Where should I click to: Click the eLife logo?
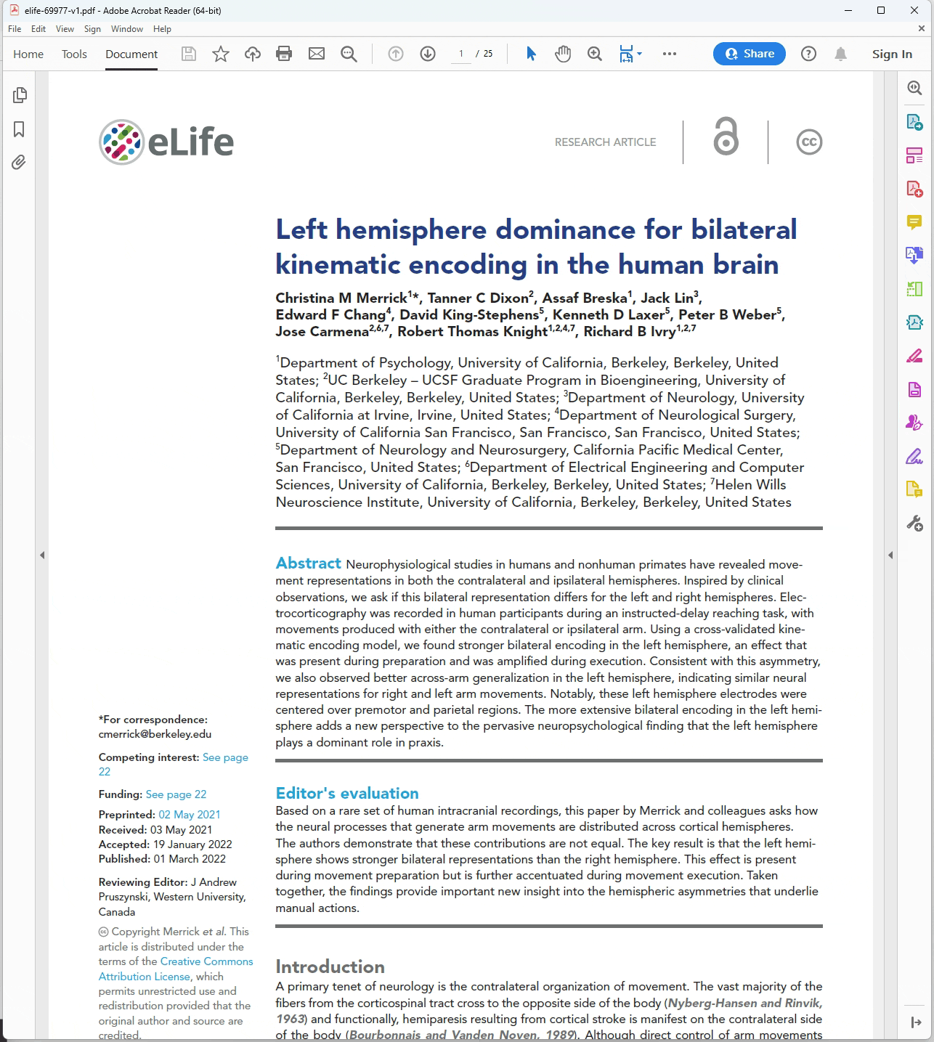[166, 142]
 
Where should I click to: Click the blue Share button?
[749, 54]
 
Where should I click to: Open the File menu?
[15, 29]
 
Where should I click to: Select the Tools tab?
[74, 54]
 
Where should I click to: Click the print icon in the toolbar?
[284, 54]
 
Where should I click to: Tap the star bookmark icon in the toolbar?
[221, 54]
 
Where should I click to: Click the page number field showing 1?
[461, 54]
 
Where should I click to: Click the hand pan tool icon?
[563, 54]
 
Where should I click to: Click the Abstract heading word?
[308, 563]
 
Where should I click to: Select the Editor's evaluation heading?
[347, 793]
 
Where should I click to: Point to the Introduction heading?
[330, 966]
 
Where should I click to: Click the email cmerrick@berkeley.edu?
[155, 734]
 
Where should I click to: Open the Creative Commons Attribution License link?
[176, 969]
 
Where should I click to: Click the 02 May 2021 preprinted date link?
[190, 815]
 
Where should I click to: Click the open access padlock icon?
[726, 138]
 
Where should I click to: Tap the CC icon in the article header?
[809, 142]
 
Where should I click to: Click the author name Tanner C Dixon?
[478, 298]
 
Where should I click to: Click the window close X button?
[914, 10]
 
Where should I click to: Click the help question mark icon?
[808, 54]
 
